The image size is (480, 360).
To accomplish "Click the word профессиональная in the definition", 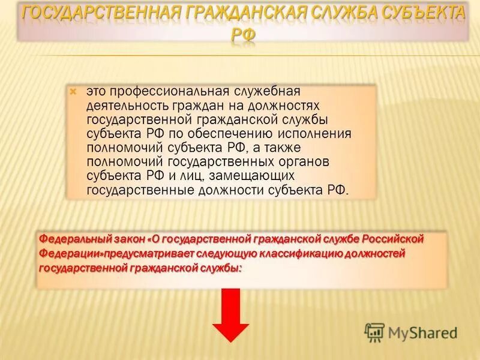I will click(x=171, y=91).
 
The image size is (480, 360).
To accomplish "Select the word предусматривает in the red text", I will click(x=155, y=253).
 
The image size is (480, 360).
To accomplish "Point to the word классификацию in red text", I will click(x=301, y=253).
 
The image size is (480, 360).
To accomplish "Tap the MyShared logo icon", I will click(x=374, y=332).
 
